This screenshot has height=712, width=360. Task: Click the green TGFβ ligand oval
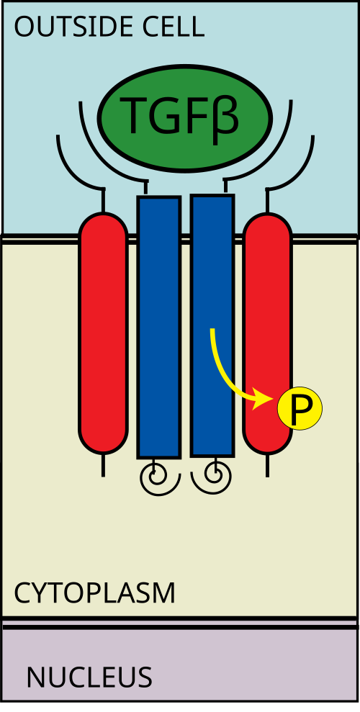tap(185, 117)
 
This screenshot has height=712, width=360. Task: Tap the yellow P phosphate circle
tap(300, 409)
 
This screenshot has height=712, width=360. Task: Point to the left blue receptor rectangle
tap(159, 327)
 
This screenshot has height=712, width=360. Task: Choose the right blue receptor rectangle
tap(212, 325)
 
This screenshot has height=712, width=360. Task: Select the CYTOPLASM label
tap(94, 593)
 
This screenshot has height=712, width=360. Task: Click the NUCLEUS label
tap(89, 677)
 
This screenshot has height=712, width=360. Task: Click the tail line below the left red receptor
tap(104, 465)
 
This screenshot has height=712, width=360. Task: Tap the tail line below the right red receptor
tap(267, 465)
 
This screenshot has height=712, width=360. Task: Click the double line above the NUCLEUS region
tap(180, 623)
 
